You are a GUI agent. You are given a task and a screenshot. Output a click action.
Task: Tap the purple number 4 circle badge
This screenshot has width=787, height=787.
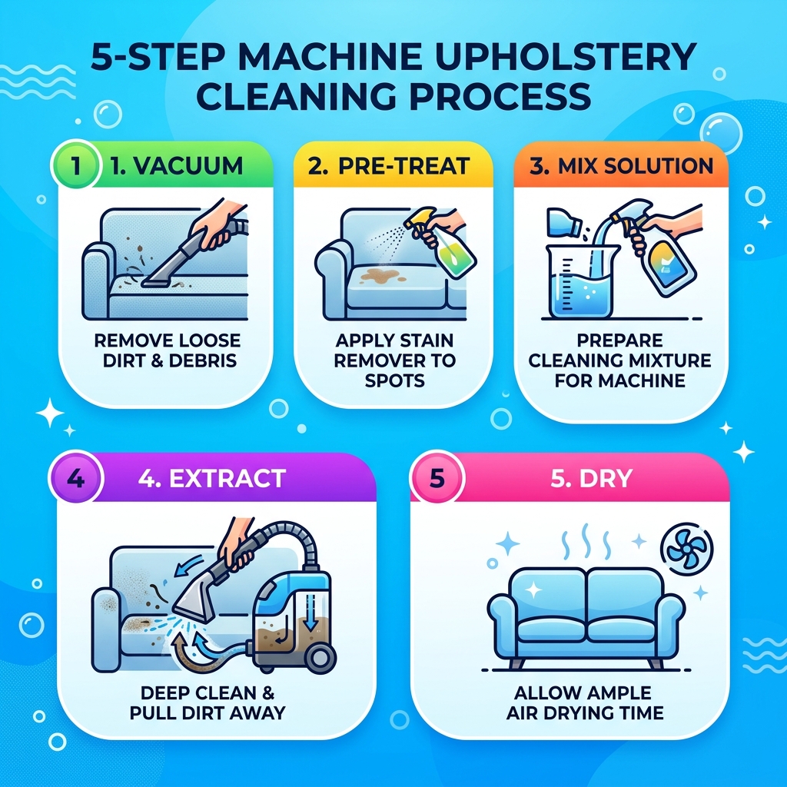pyautogui.click(x=75, y=478)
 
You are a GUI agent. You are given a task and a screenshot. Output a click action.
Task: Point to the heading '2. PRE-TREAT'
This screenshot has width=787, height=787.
pyautogui.click(x=393, y=165)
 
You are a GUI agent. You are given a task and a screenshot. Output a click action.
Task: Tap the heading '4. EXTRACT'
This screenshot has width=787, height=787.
pyautogui.click(x=211, y=478)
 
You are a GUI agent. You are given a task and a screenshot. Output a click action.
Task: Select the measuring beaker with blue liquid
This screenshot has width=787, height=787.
pyautogui.click(x=579, y=284)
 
